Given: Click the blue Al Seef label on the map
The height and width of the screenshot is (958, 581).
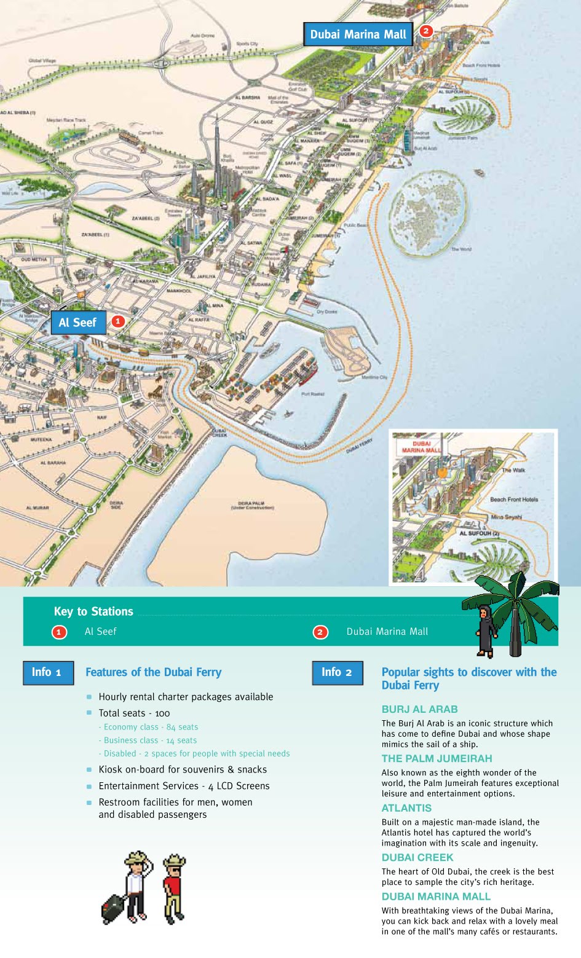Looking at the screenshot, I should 78,323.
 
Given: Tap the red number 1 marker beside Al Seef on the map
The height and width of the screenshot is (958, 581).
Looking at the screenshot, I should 117,321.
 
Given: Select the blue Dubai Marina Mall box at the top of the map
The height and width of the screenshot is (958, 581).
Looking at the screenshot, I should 358,34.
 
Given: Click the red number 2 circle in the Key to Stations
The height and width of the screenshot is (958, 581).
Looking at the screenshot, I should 320,632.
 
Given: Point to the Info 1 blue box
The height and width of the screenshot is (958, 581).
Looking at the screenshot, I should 47,672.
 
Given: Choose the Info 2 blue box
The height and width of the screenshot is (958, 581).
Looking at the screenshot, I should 337,672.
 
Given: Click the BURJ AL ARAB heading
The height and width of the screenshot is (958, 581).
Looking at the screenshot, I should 419,709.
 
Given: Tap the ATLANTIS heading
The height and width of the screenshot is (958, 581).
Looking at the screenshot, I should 406,808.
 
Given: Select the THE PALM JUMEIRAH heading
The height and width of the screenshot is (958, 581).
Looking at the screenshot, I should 437,758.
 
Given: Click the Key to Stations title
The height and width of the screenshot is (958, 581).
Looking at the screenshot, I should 93,611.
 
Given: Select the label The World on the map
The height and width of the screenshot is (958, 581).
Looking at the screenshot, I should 461,249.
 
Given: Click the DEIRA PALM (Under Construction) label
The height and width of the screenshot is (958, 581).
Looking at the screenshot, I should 252,505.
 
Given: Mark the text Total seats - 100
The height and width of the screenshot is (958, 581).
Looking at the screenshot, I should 134,713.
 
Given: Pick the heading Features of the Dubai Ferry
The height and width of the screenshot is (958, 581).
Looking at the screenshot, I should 153,672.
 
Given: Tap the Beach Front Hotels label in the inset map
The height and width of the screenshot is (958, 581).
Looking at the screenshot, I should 513,500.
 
